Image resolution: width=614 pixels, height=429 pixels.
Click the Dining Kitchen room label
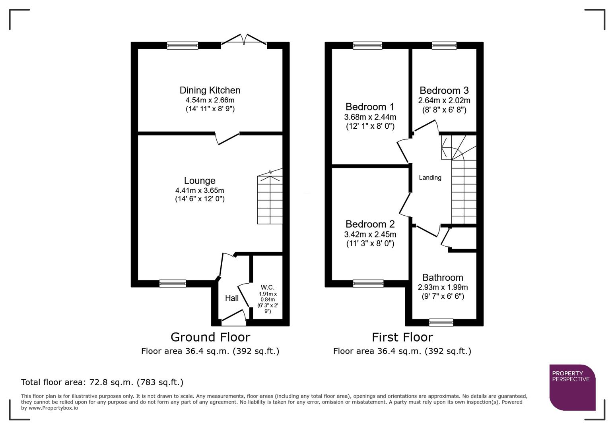(210, 91)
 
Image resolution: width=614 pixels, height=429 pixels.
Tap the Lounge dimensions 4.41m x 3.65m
(200, 191)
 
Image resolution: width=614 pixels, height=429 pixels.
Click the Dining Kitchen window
(183, 46)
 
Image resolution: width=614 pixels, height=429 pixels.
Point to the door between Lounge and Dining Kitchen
(228, 138)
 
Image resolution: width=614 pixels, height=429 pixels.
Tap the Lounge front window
(173, 283)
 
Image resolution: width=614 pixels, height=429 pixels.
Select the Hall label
(232, 298)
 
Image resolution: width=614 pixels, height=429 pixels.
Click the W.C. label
(268, 287)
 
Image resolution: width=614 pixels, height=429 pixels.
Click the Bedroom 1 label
(370, 107)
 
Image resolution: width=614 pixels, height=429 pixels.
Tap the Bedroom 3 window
(444, 46)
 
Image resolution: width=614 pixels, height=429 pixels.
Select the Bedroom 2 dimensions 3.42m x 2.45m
(370, 234)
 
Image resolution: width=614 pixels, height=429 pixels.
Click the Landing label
(430, 178)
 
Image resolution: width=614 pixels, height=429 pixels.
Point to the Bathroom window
(441, 322)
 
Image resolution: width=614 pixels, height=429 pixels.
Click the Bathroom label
(443, 278)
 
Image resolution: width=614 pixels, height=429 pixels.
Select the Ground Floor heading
(210, 337)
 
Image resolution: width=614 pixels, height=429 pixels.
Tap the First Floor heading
(402, 337)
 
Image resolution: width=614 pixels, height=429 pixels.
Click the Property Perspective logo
(572, 387)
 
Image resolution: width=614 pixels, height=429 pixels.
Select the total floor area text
(102, 382)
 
